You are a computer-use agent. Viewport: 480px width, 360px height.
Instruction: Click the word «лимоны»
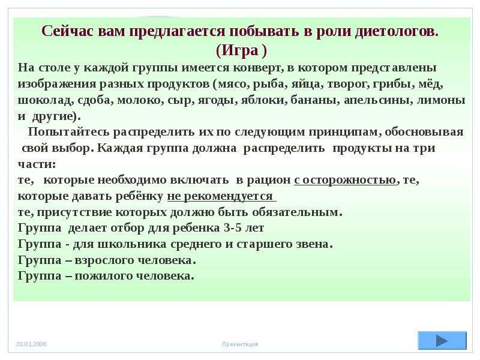point(441,100)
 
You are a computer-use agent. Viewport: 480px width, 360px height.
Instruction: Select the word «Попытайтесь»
point(69,132)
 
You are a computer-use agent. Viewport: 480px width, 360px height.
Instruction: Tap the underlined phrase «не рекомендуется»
point(221,196)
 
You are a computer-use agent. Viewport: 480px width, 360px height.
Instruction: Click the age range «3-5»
point(233,228)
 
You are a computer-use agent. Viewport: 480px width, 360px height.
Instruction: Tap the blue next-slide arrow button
point(442,340)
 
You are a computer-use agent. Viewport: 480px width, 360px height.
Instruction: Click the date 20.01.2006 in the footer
point(31,344)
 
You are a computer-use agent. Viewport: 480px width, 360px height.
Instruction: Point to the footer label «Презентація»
point(240,344)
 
